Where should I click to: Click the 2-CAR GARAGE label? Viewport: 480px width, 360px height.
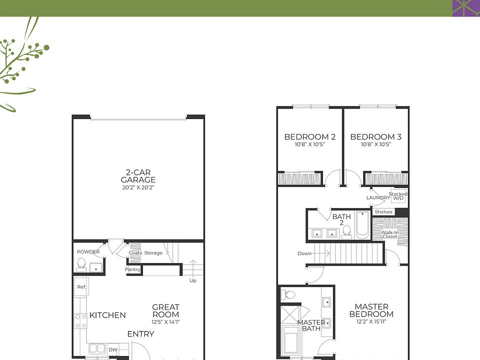[x=138, y=176]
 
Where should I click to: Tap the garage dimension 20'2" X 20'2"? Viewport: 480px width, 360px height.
[x=138, y=188]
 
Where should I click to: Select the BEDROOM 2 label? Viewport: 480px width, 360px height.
[x=309, y=137]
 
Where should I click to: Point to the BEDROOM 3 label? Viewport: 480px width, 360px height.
[x=375, y=137]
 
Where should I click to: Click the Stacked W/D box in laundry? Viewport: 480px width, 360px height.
[x=398, y=196]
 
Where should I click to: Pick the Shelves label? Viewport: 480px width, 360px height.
[x=383, y=212]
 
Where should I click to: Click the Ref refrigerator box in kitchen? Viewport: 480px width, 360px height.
[x=80, y=287]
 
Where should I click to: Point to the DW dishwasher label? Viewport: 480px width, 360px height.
[x=112, y=350]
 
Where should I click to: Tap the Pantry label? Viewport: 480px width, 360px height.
[x=132, y=270]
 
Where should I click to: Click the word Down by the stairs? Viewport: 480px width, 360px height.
[x=304, y=253]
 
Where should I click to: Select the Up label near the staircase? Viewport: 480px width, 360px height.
[x=193, y=280]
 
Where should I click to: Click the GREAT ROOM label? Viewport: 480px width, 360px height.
[x=165, y=310]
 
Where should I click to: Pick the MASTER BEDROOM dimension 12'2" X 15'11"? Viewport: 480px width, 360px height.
[x=371, y=322]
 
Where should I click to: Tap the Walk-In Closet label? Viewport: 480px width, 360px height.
[x=389, y=234]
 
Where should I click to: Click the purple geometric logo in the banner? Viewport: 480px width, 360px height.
[x=466, y=8]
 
